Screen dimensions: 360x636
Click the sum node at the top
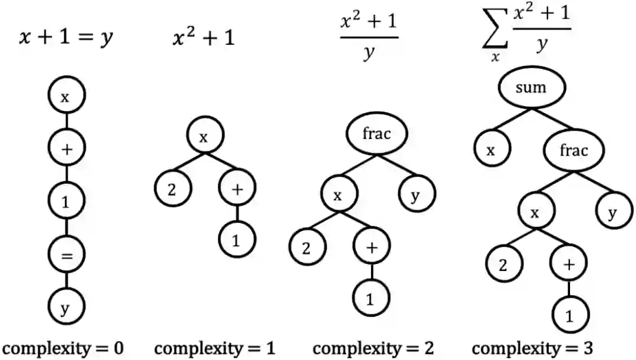coord(531,88)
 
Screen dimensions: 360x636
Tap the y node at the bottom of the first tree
coord(66,308)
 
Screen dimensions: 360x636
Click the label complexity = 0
coord(64,348)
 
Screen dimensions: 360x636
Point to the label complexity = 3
coord(532,348)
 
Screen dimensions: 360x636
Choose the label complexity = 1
coord(214,348)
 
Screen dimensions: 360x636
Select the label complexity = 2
coord(373,348)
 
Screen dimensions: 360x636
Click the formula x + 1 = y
coord(66,38)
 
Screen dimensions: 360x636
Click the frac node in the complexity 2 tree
coord(376,134)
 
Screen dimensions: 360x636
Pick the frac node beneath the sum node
coord(574,151)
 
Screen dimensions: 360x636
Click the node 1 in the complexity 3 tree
coord(568,317)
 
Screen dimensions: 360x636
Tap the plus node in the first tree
coord(66,149)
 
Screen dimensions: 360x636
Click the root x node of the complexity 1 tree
coord(204,137)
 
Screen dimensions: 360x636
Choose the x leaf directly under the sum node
coord(491,150)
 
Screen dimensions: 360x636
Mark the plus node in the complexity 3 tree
coord(568,265)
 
